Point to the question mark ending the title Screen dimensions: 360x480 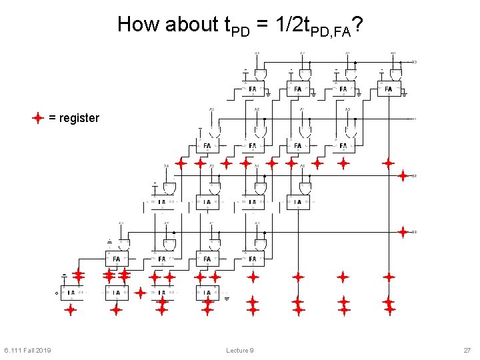[x=358, y=24]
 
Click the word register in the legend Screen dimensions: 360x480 [x=79, y=118]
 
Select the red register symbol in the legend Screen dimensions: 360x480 [x=38, y=118]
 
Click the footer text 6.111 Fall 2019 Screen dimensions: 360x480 [x=27, y=350]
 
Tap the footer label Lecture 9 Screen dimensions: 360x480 [x=239, y=350]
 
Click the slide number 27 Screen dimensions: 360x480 [x=467, y=350]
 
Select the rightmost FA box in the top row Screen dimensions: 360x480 [x=389, y=89]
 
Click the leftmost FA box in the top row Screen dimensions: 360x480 [x=253, y=89]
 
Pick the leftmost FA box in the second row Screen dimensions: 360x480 [x=207, y=145]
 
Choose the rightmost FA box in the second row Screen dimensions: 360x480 [x=343, y=145]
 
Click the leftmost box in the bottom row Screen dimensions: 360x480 [x=71, y=292]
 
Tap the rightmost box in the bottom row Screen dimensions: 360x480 [x=207, y=292]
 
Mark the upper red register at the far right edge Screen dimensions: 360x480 [x=403, y=175]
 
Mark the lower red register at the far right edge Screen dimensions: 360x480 [x=403, y=231]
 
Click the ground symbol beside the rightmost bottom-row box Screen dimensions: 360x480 [x=227, y=298]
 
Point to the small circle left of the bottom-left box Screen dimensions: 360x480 [x=56, y=293]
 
